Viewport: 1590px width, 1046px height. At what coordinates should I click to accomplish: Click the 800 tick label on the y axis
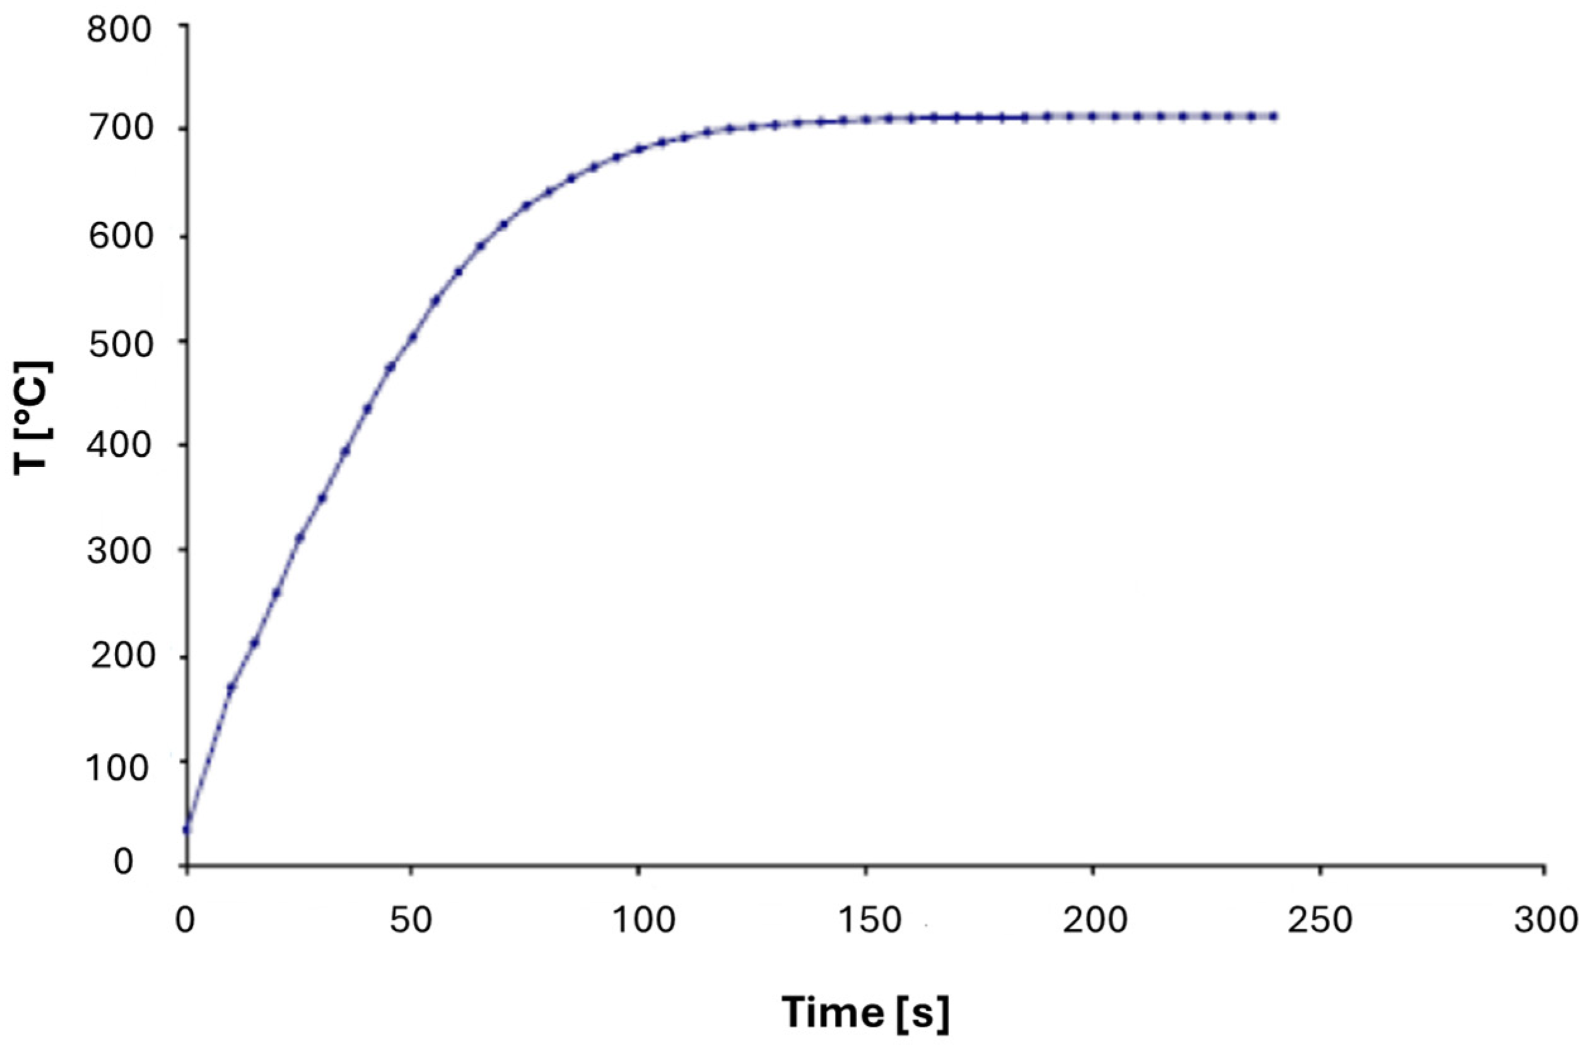(x=120, y=30)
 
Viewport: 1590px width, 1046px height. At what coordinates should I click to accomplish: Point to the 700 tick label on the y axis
(x=120, y=129)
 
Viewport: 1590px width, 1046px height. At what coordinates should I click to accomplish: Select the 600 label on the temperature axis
(x=120, y=236)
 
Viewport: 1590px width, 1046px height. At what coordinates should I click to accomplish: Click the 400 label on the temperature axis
(x=120, y=445)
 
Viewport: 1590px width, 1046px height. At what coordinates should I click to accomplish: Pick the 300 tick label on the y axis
(x=120, y=551)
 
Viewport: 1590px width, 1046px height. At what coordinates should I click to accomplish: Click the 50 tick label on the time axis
(x=411, y=920)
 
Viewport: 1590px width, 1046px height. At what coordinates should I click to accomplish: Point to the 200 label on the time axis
(x=1096, y=920)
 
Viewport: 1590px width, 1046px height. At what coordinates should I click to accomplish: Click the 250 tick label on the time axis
(x=1320, y=920)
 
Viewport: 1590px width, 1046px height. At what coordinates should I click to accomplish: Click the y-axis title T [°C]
(x=32, y=418)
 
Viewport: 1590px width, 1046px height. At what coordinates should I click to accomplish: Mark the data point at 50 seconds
(x=413, y=337)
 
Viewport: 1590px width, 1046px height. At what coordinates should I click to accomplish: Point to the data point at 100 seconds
(x=639, y=148)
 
